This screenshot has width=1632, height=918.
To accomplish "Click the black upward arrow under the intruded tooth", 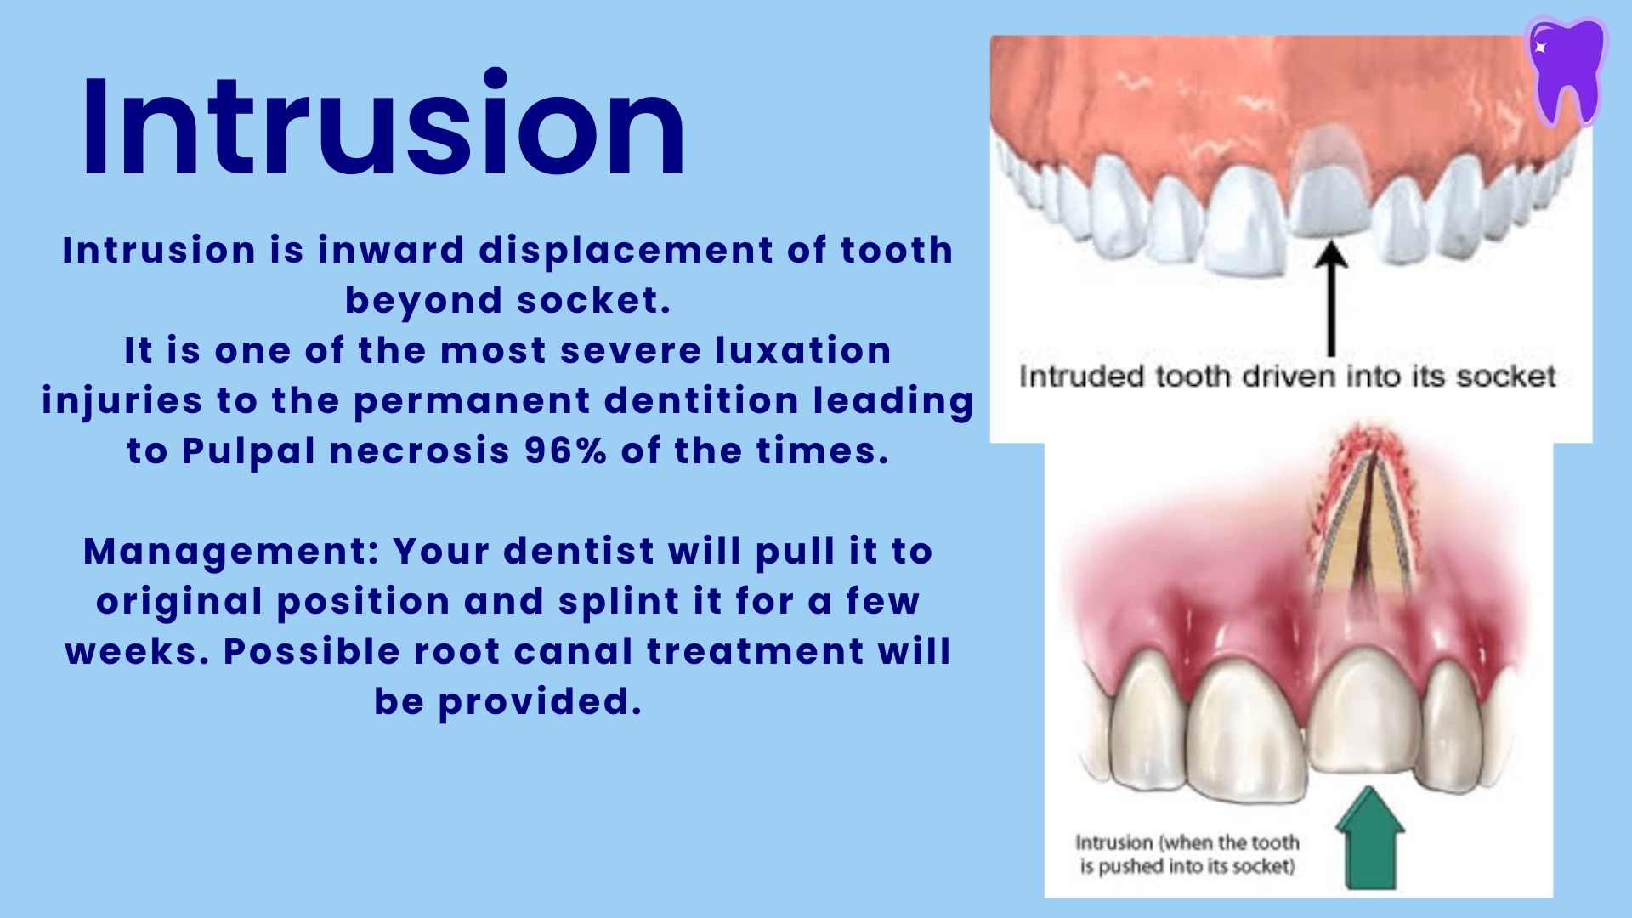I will (1331, 297).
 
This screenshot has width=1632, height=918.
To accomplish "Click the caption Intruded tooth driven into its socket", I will (1287, 377).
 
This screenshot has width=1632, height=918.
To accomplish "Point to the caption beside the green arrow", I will (1187, 854).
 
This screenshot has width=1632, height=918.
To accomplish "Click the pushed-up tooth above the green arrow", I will (1363, 714).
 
